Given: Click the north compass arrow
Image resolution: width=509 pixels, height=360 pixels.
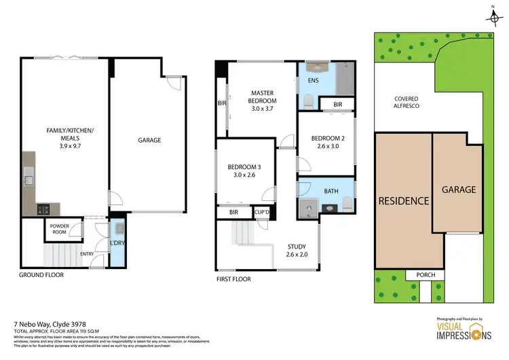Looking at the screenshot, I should pos(495,12).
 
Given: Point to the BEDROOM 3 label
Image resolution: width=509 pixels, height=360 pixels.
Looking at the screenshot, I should pos(244,170).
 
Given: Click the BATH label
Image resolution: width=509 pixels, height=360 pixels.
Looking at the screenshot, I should pos(331,192).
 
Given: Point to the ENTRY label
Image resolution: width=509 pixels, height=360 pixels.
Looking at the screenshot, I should pos(87,254).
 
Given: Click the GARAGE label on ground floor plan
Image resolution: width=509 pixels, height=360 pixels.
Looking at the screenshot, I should pos(149,141).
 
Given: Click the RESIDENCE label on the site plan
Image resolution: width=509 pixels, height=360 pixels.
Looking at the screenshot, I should pos(404,200).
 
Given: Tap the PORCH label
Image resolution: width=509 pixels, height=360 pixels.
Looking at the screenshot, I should pos(424,275).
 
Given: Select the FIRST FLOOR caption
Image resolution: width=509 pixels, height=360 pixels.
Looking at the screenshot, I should pos(233,279).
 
